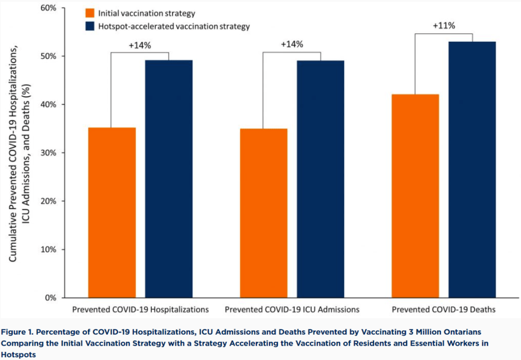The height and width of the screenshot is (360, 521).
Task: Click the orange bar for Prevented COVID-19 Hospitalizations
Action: [112, 212]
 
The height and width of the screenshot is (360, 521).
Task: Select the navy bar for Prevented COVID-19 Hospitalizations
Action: [169, 179]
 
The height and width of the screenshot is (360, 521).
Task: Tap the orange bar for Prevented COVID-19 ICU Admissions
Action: [263, 213]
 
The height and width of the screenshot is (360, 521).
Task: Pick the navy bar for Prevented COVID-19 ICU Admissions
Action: [320, 179]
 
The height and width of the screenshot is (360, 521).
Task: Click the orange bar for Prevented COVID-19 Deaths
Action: [415, 196]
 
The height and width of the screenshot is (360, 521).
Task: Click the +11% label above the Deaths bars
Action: [444, 25]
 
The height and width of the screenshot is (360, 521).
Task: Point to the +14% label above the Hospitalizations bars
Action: [140, 45]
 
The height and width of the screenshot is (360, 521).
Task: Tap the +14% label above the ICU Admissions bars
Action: [292, 44]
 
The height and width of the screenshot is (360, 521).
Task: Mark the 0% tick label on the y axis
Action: [50, 298]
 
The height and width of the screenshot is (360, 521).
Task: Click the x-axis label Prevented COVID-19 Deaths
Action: [443, 309]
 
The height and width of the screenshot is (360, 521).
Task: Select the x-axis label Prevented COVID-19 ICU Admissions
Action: [292, 309]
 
